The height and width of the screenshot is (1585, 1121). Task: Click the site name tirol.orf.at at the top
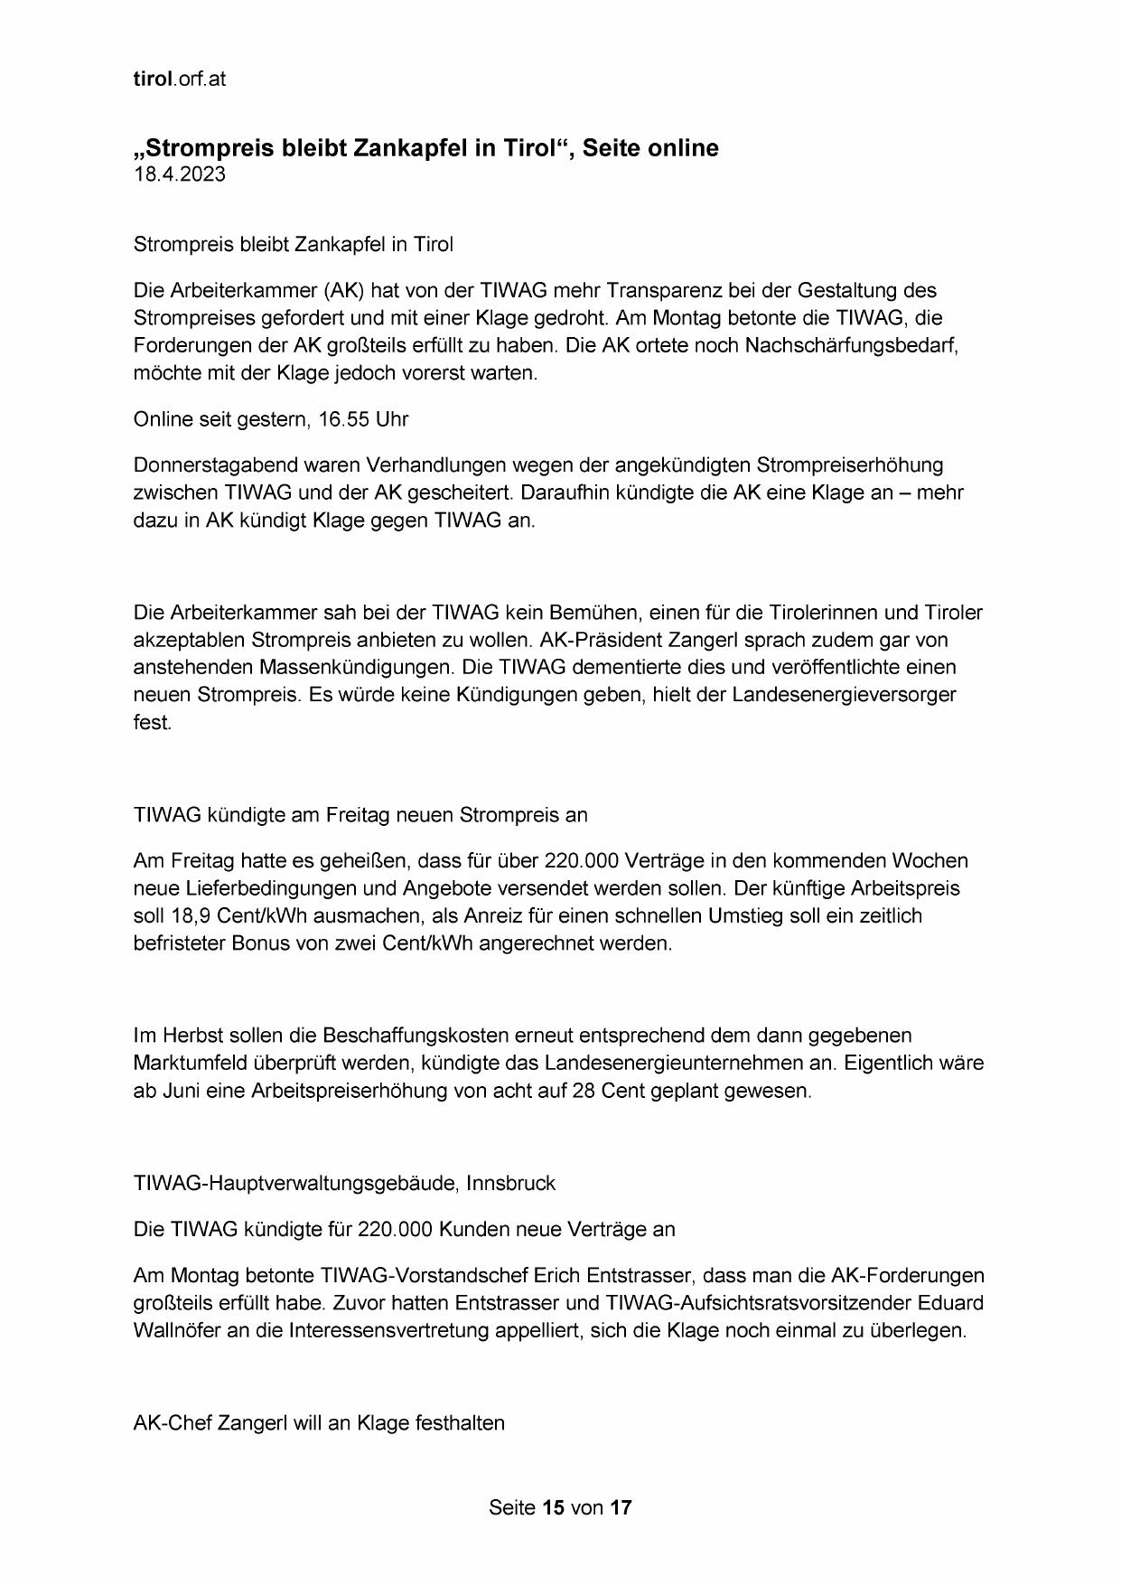pos(179,79)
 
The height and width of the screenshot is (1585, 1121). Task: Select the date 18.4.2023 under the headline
pos(179,174)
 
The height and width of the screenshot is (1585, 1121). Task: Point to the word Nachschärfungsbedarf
pos(851,345)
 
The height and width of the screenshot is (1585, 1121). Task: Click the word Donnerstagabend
pos(213,464)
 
